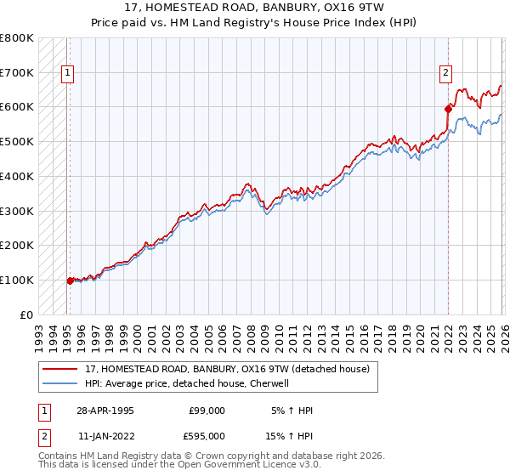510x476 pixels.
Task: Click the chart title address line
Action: pyautogui.click(x=255, y=7)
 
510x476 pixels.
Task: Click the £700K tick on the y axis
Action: pyautogui.click(x=17, y=73)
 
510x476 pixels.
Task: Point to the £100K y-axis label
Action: pyautogui.click(x=17, y=280)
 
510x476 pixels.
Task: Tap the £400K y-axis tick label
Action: pyautogui.click(x=17, y=177)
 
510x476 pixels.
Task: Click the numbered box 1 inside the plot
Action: pyautogui.click(x=67, y=74)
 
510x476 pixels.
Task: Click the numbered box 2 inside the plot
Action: pyautogui.click(x=445, y=74)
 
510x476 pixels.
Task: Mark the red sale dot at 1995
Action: pyautogui.click(x=70, y=280)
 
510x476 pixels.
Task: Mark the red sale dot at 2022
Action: pyautogui.click(x=448, y=109)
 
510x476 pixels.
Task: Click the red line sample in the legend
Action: pyautogui.click(x=60, y=370)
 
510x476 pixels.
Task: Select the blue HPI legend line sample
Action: pyautogui.click(x=60, y=384)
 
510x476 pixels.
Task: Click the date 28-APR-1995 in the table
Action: pyautogui.click(x=105, y=411)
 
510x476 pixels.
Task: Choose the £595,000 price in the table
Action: pyautogui.click(x=207, y=435)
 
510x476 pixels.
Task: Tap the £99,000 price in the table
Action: pyautogui.click(x=207, y=411)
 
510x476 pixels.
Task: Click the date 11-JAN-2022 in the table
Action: pyautogui.click(x=105, y=435)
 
